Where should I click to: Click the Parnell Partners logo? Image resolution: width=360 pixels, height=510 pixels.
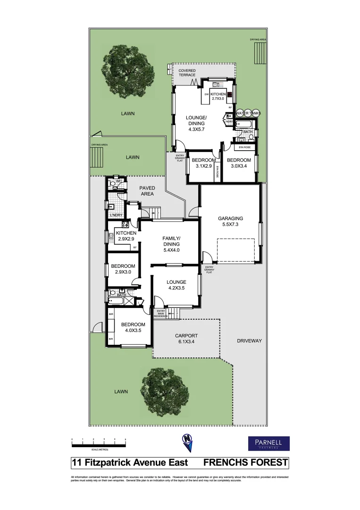click(268, 443)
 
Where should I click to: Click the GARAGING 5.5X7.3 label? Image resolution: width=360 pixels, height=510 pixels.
click(230, 221)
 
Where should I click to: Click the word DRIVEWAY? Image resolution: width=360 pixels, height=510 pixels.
click(249, 340)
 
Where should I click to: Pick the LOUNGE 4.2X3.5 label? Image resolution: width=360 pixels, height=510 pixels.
click(176, 285)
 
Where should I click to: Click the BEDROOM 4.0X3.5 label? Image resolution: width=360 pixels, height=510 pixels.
click(133, 327)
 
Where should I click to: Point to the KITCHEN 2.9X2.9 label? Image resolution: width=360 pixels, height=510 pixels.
click(126, 236)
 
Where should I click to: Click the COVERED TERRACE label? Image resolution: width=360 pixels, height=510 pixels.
click(187, 73)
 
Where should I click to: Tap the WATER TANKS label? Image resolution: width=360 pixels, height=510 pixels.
click(248, 113)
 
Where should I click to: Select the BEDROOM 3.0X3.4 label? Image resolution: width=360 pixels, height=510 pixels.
click(241, 163)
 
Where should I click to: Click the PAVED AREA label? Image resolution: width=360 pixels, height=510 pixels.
click(147, 191)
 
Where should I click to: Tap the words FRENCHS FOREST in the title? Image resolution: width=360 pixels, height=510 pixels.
click(245, 463)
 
